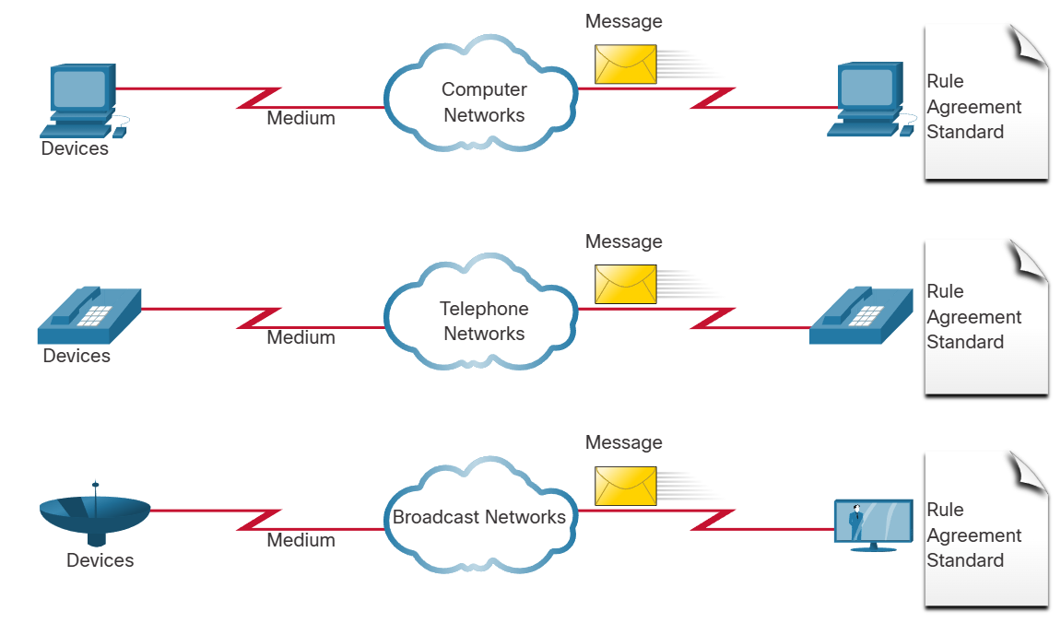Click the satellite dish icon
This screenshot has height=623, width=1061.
pos(96,516)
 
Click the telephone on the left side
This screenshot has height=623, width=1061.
pos(89,315)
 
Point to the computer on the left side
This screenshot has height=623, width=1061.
pos(84,100)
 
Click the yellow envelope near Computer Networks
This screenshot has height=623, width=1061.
pos(625,65)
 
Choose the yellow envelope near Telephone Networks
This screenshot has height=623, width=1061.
pos(625,284)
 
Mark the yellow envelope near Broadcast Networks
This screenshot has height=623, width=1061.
pos(625,486)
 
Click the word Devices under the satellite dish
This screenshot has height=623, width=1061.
pos(100,560)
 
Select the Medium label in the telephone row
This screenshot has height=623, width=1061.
pos(301,337)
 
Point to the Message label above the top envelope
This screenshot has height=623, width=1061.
pos(623,21)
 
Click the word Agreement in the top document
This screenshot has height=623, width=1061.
pos(973,107)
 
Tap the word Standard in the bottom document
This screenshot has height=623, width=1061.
pos(964,560)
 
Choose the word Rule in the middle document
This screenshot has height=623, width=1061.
pos(945,291)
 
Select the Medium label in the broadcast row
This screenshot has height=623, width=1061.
pos(301,540)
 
